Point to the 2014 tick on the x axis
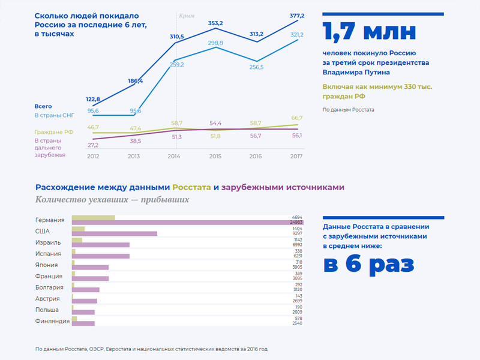point(174,157)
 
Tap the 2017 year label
point(295,157)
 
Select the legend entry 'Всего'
point(43,106)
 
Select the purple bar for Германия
point(187,223)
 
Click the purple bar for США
point(114,234)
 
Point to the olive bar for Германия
point(93,217)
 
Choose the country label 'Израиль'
point(48,242)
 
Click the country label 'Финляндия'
point(52,321)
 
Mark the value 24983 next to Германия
point(296,223)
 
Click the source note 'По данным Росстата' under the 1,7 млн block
point(348,110)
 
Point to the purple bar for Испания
point(100,256)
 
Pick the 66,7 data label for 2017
point(296,118)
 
